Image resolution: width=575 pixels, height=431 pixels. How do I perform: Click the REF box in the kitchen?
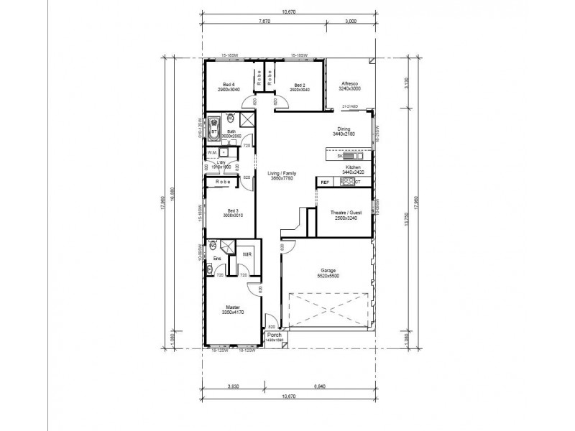324,182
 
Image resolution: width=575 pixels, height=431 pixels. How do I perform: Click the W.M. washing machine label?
212,152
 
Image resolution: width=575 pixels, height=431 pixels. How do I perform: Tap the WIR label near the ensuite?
246,254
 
